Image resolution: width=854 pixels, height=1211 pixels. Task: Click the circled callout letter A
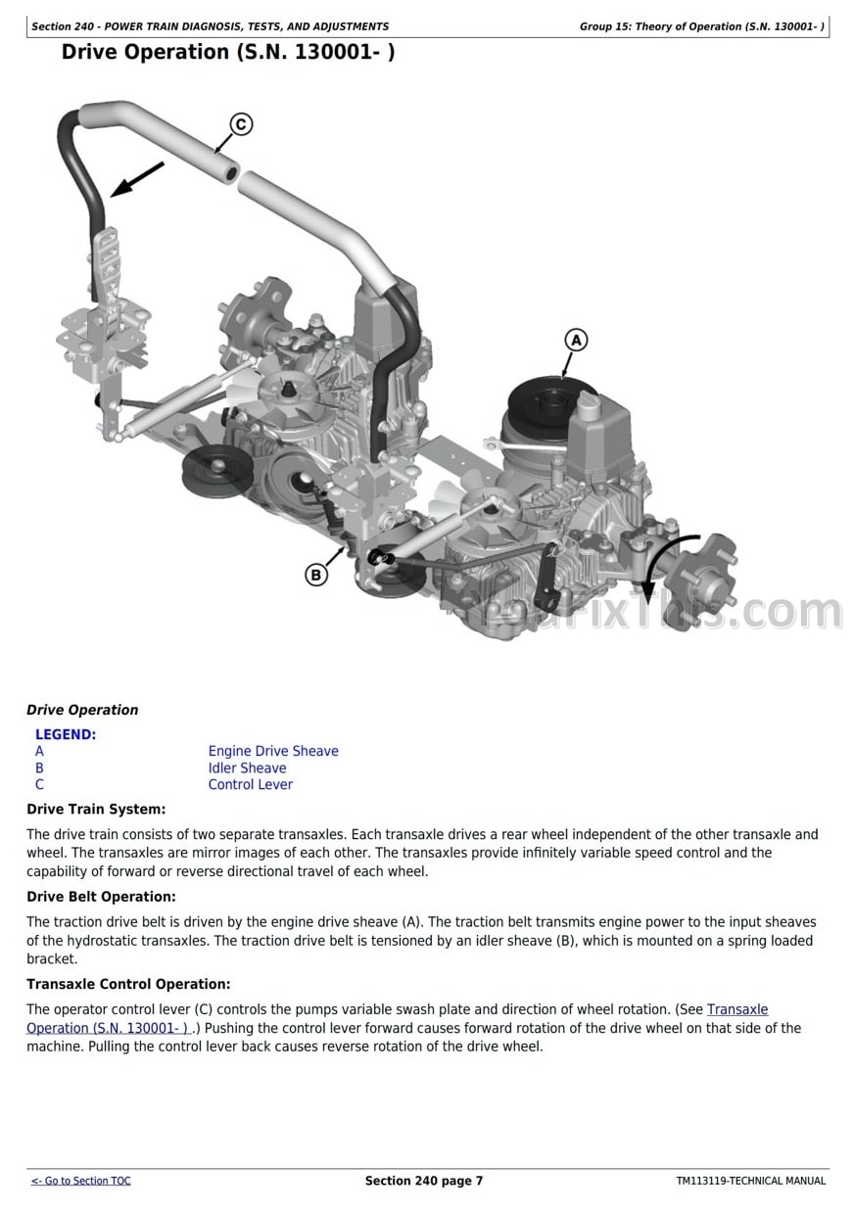(x=576, y=340)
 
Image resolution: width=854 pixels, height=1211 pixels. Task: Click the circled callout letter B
(x=316, y=575)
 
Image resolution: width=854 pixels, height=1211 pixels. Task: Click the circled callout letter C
(x=240, y=124)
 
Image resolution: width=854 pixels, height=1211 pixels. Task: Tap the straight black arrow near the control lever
(x=136, y=179)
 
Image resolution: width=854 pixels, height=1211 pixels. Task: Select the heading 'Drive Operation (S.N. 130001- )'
(x=228, y=52)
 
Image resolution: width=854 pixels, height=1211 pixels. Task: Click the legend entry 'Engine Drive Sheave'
(x=273, y=751)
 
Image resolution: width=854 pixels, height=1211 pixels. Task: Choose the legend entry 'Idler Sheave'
(x=247, y=768)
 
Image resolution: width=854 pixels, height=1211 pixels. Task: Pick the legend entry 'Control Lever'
(x=250, y=784)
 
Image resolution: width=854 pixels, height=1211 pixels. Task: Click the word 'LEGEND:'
(x=66, y=734)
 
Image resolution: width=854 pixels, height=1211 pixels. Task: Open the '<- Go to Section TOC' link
(x=80, y=1181)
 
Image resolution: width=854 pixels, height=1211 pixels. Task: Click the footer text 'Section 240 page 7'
(x=424, y=1181)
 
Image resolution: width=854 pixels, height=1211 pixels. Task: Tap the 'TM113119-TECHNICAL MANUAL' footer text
(x=750, y=1181)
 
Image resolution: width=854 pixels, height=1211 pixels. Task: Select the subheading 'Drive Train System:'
(x=96, y=809)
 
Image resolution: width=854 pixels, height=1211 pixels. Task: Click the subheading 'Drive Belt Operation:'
(x=101, y=897)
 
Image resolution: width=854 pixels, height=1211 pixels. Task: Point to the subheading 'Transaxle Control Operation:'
(x=128, y=984)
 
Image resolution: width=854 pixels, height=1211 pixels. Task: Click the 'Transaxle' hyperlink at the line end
(x=737, y=1009)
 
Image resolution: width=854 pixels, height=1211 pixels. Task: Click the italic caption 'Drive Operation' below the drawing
(x=82, y=710)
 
